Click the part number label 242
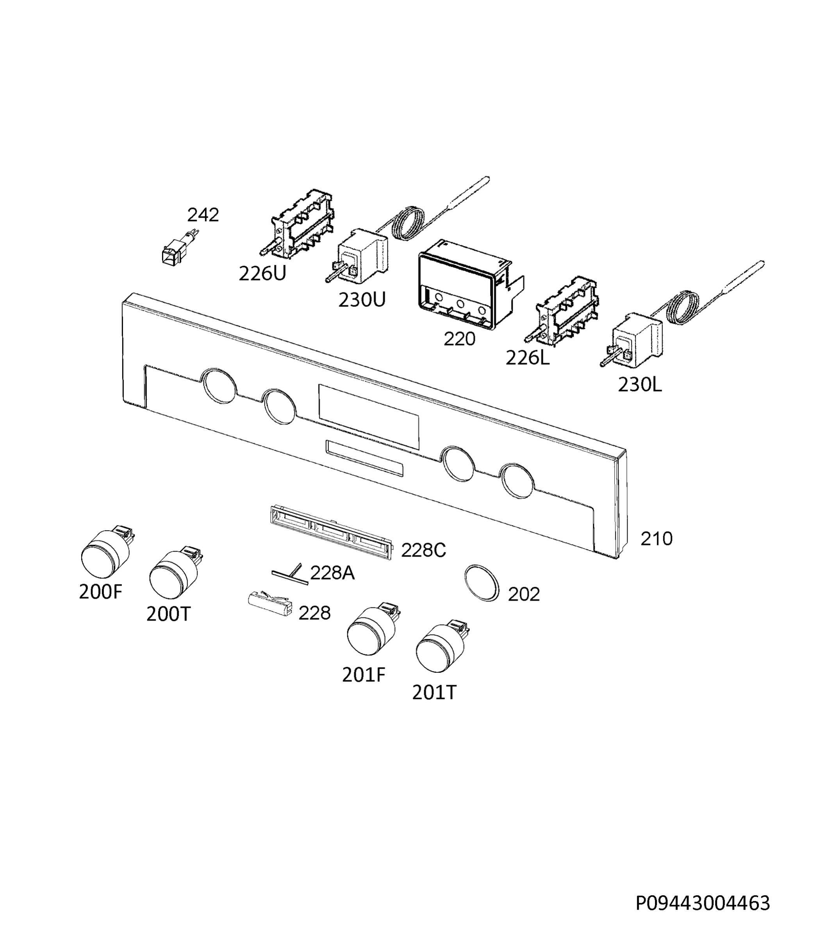(203, 215)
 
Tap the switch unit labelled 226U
(297, 224)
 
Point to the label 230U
(362, 300)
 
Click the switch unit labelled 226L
(563, 311)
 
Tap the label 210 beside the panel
(656, 539)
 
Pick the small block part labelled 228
(271, 604)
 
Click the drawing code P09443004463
(703, 903)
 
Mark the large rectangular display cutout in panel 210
(368, 416)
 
